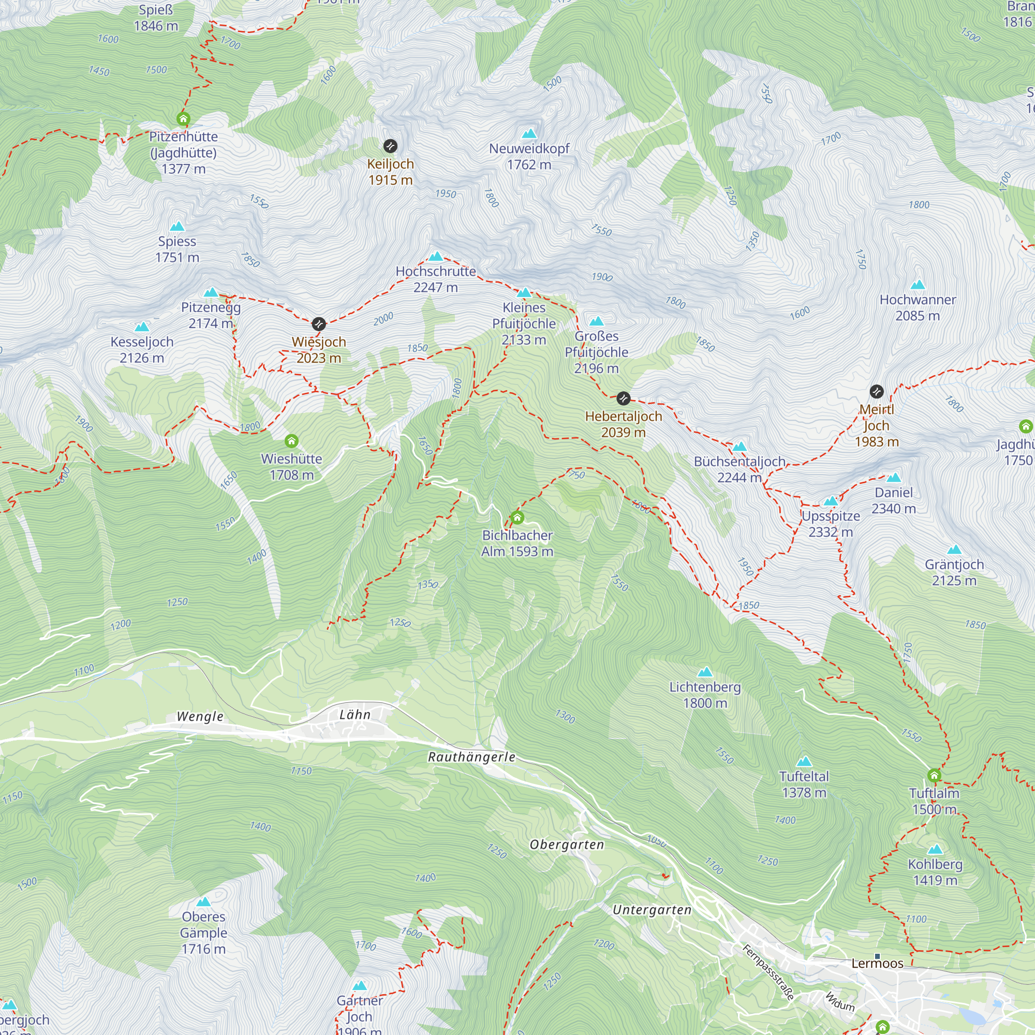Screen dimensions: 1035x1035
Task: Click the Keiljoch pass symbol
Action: [390, 146]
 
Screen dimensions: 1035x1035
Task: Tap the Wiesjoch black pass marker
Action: [319, 324]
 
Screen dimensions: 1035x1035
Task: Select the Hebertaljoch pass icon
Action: [623, 398]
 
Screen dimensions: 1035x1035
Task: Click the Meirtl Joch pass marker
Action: [877, 392]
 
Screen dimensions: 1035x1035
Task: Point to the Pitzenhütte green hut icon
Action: [183, 119]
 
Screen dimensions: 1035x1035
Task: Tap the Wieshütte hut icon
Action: [291, 441]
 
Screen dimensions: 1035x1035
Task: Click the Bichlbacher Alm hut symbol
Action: [517, 517]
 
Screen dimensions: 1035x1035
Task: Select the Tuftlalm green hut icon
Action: [934, 775]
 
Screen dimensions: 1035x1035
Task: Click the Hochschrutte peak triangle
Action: [436, 257]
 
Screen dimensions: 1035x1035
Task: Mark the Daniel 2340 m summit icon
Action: [894, 478]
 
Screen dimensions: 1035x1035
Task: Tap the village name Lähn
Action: [354, 715]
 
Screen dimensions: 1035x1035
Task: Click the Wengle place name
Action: [200, 716]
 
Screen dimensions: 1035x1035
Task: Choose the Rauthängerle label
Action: [471, 757]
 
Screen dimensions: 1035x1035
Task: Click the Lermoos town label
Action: [877, 963]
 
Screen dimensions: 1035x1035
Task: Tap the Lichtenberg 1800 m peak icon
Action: [705, 672]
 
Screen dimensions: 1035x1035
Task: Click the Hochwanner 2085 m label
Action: [917, 307]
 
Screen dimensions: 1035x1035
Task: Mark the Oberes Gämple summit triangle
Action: [203, 902]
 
